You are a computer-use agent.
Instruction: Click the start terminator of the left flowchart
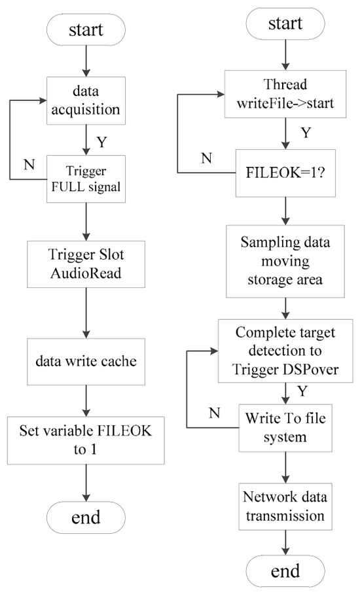(x=86, y=30)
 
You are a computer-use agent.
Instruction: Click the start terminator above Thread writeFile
(x=285, y=24)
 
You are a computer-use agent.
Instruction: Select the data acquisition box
(x=86, y=101)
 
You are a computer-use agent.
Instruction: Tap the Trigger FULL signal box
(x=86, y=179)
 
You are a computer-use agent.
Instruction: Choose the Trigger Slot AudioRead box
(x=86, y=264)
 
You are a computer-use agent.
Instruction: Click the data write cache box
(x=86, y=361)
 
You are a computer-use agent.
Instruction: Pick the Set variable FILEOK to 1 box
(x=86, y=440)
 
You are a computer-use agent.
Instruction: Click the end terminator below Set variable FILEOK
(x=86, y=517)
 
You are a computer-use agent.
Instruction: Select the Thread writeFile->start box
(x=285, y=94)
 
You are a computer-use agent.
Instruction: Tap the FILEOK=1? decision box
(x=285, y=173)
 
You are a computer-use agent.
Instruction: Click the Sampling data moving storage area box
(x=285, y=261)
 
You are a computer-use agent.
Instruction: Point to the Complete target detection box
(x=285, y=351)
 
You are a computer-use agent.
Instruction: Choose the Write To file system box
(x=285, y=428)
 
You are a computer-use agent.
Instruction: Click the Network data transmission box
(x=285, y=506)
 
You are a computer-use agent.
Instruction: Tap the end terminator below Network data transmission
(x=285, y=571)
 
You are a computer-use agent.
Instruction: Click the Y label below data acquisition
(x=101, y=142)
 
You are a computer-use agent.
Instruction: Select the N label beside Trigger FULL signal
(x=29, y=164)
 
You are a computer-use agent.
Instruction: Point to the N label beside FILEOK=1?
(x=207, y=158)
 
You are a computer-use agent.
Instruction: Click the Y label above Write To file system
(x=302, y=391)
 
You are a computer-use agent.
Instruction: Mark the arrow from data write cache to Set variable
(x=86, y=401)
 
